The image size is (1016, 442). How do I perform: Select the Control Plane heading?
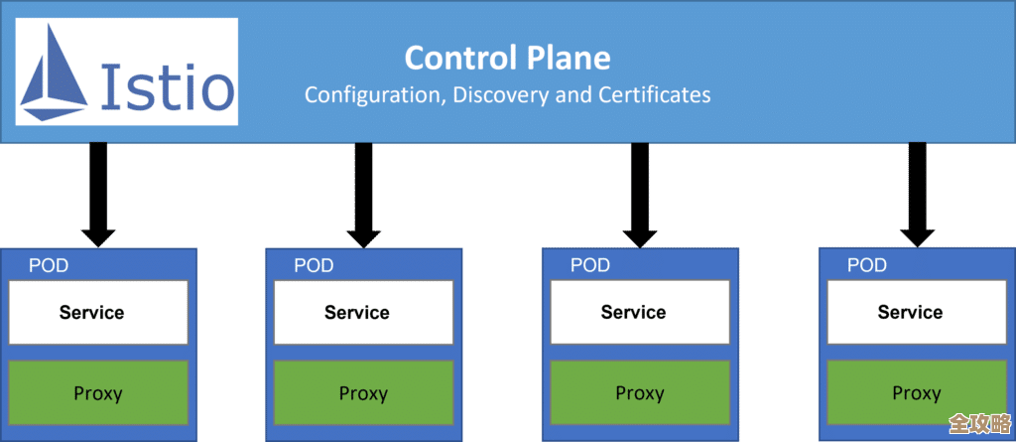pyautogui.click(x=506, y=58)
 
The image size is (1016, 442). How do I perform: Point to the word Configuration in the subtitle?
pyautogui.click(x=373, y=95)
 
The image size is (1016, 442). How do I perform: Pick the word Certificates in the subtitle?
pyautogui.click(x=655, y=95)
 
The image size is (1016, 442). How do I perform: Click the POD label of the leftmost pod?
pyautogui.click(x=48, y=265)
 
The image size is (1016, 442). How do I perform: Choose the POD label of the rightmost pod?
pyautogui.click(x=866, y=265)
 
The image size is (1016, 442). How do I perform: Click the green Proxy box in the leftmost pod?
pyautogui.click(x=97, y=393)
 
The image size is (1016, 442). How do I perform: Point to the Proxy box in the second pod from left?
pyautogui.click(x=363, y=393)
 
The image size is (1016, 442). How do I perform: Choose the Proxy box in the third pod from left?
pyautogui.click(x=639, y=393)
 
